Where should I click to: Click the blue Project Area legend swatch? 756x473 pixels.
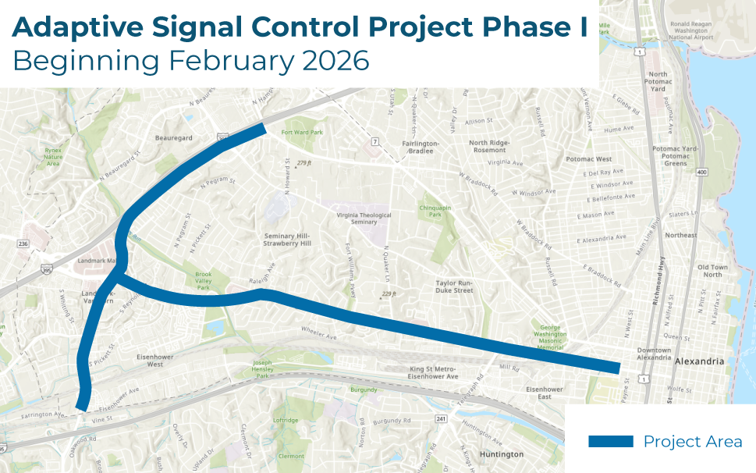(610, 442)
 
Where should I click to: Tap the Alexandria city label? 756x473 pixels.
(699, 361)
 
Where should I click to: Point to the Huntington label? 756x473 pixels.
(502, 454)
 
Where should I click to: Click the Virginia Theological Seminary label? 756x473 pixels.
(364, 219)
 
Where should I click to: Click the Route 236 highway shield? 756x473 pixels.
(24, 244)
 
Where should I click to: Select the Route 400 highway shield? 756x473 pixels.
(701, 172)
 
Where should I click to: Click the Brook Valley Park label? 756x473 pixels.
(203, 281)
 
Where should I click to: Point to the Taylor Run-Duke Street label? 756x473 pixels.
(454, 286)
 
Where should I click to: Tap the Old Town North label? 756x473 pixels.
(713, 271)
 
